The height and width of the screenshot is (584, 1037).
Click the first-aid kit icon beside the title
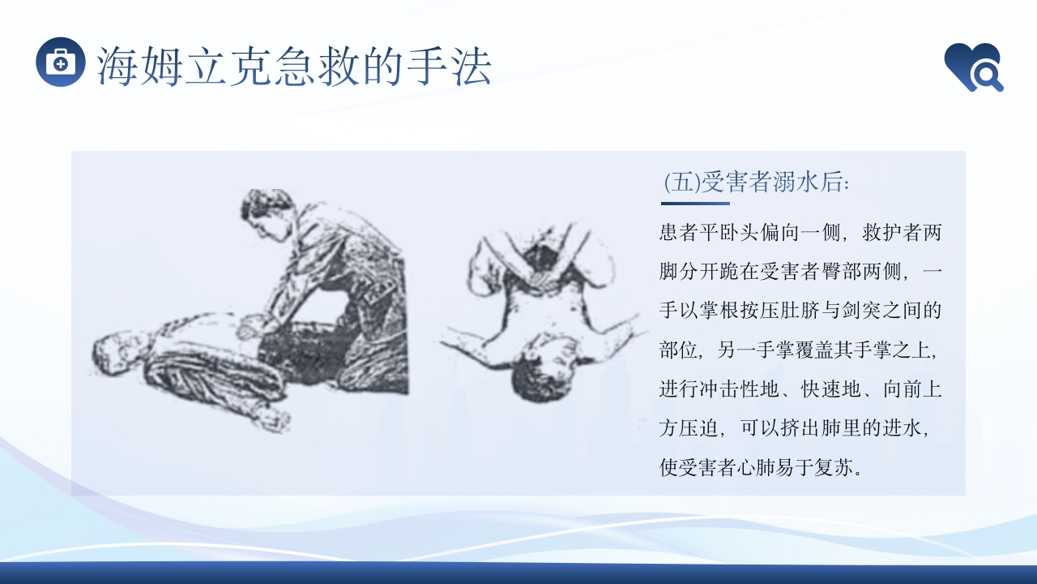[61, 62]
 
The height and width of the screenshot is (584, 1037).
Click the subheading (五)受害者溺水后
[756, 182]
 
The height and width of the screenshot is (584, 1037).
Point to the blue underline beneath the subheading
[695, 204]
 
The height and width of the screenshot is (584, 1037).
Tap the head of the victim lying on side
[109, 350]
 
